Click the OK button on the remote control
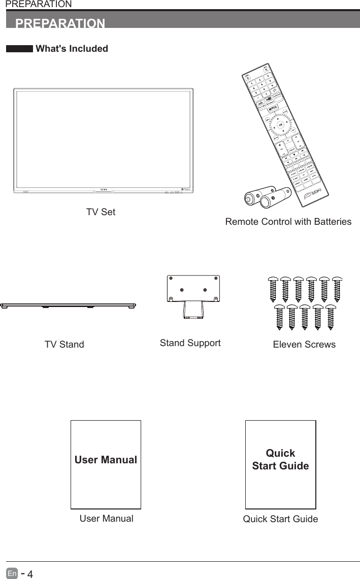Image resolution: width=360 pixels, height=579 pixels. click(280, 125)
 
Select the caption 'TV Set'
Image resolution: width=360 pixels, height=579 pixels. click(101, 212)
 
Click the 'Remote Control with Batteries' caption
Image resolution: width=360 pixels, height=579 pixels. click(288, 222)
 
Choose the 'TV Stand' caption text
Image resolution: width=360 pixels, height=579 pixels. click(64, 345)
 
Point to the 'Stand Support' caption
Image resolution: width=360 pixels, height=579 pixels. click(190, 343)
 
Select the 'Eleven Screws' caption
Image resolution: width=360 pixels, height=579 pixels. click(304, 345)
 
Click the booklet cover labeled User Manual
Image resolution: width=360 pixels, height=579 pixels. click(106, 464)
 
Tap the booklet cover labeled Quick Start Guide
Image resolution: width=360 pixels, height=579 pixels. click(280, 464)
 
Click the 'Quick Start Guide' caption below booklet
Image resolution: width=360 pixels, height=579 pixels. click(280, 519)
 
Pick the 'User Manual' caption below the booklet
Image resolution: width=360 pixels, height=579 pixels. click(107, 519)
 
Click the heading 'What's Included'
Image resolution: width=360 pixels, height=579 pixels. click(72, 49)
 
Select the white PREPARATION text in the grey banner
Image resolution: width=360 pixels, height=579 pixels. click(60, 24)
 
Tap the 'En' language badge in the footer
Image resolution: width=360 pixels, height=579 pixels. click(12, 574)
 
